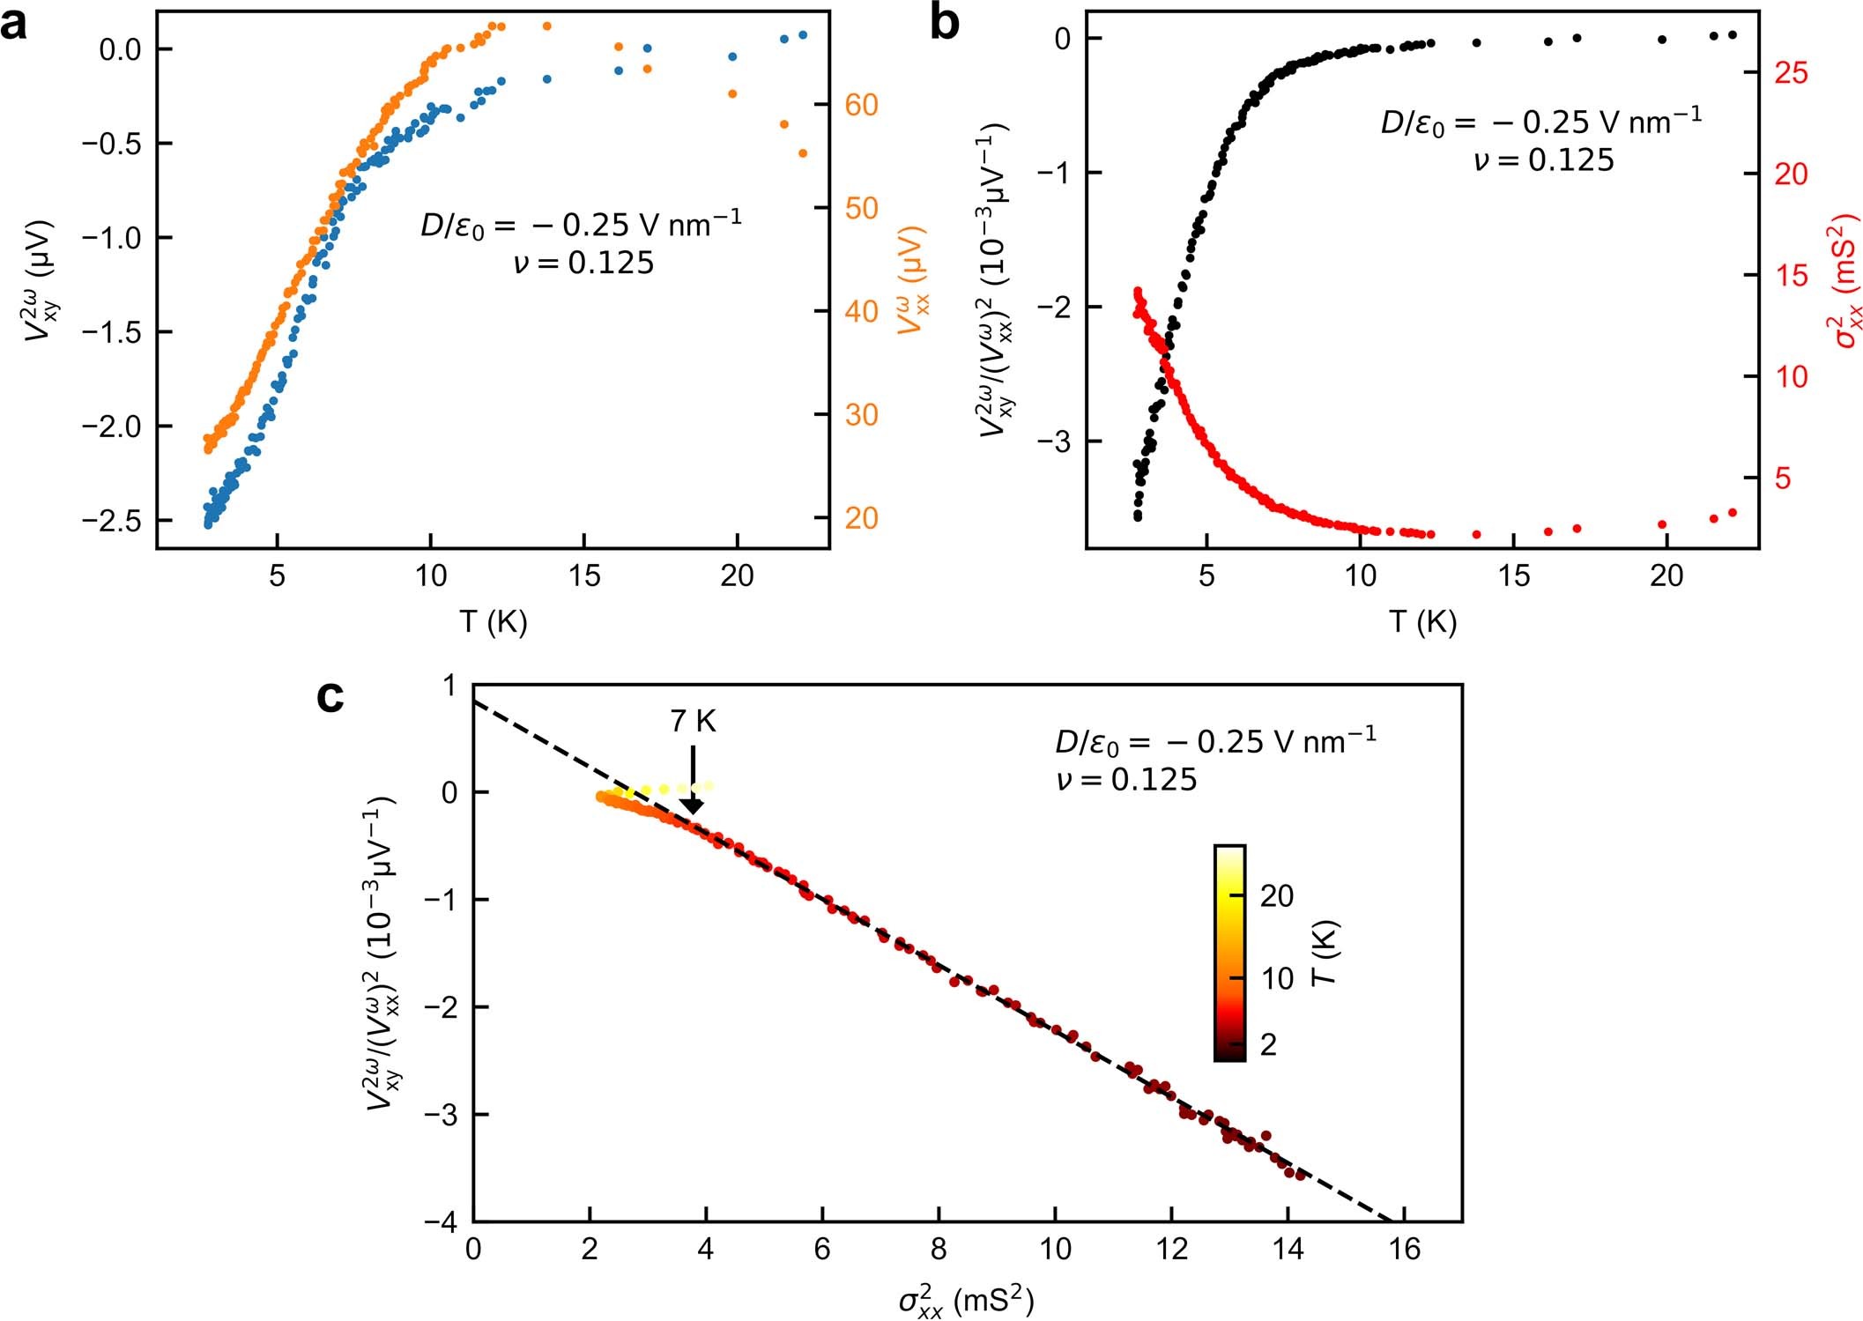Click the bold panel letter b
[x=945, y=24]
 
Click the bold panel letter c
[x=330, y=697]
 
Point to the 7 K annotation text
[x=693, y=722]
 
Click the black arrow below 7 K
[x=693, y=781]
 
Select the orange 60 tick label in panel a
[x=861, y=105]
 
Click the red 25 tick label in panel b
[x=1791, y=72]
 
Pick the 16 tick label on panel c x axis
[x=1404, y=1250]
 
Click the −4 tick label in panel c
[x=443, y=1222]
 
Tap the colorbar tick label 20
[x=1277, y=896]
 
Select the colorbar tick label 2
[x=1268, y=1044]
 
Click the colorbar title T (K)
[x=1325, y=953]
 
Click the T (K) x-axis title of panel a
[x=493, y=621]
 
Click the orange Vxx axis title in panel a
[x=913, y=282]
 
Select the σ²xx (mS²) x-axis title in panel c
[x=966, y=1301]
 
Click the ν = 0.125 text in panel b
[x=1543, y=160]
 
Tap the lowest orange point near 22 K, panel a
[x=803, y=153]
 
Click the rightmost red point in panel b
[x=1732, y=513]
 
